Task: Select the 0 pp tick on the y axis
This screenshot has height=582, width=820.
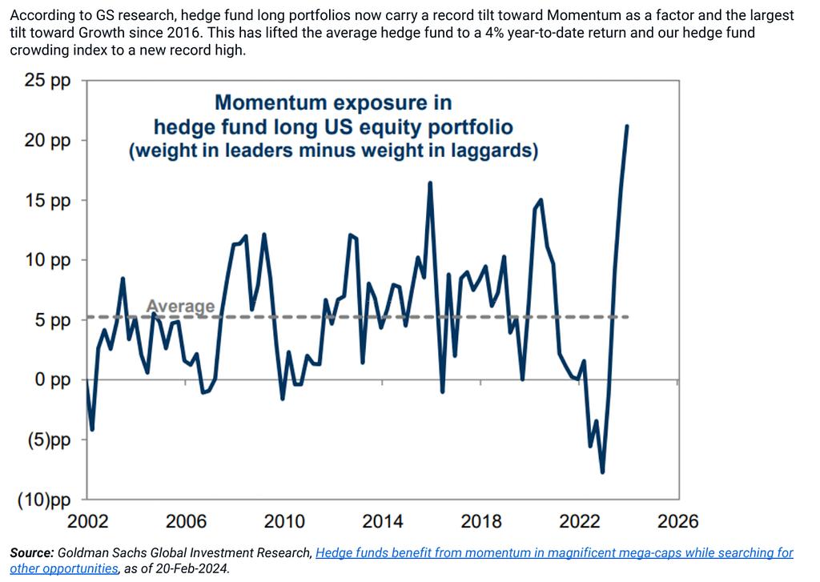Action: (x=50, y=380)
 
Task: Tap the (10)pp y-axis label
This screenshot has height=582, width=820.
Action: (x=44, y=500)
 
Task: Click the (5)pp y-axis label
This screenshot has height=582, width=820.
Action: (x=47, y=440)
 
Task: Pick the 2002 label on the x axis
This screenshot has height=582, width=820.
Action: (x=87, y=522)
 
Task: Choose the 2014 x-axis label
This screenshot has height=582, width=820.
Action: (x=383, y=522)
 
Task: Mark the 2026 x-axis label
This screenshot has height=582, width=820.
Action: (x=677, y=522)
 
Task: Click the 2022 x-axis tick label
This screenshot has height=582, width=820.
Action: (x=579, y=522)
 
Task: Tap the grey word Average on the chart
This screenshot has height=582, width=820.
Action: (x=180, y=307)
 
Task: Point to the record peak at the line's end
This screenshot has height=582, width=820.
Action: (x=627, y=126)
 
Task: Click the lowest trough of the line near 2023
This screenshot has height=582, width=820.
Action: (x=602, y=472)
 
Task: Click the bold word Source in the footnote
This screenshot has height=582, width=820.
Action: (x=31, y=553)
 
